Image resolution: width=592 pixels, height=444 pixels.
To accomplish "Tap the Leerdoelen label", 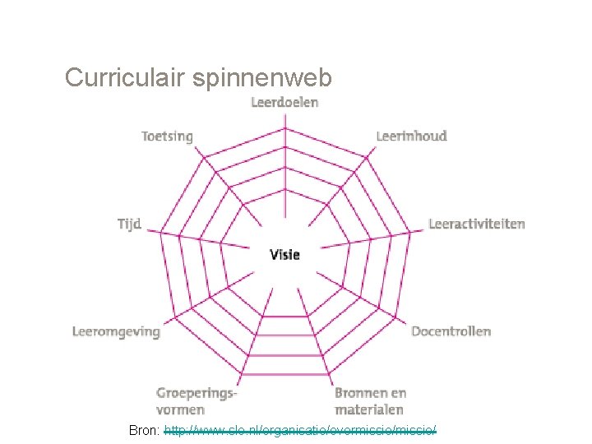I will (284, 102).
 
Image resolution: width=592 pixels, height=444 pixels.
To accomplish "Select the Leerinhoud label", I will (411, 136).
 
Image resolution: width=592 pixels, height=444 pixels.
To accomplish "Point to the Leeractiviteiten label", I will (476, 224).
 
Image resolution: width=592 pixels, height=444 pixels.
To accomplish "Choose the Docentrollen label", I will (451, 331).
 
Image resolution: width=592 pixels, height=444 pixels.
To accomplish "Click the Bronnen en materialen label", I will (370, 400).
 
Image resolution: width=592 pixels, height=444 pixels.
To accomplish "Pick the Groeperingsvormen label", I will (197, 400).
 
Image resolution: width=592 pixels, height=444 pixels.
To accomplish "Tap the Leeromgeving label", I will (116, 331).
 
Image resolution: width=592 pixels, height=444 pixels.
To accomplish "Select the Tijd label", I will (129, 224).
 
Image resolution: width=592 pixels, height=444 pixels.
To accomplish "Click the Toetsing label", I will (167, 136).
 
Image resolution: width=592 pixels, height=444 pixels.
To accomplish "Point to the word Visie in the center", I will (284, 254).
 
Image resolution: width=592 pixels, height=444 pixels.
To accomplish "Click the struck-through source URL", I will (300, 429).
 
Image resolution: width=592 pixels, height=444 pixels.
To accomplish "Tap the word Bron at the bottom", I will (144, 429).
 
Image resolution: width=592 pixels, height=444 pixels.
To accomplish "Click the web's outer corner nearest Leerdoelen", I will (284, 129).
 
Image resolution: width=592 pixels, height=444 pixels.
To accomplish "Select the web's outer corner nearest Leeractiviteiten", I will (410, 232).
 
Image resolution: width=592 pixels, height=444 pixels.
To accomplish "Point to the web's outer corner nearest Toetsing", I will (204, 158).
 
